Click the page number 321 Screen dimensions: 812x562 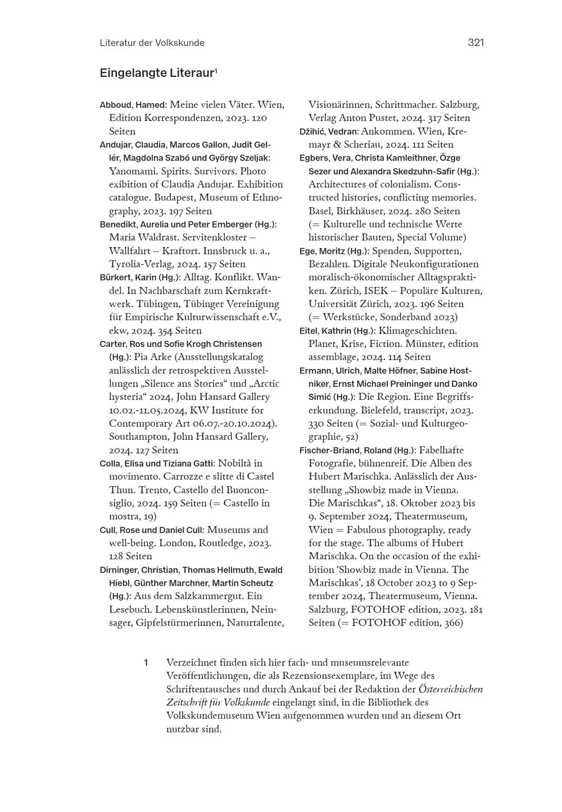pos(475,43)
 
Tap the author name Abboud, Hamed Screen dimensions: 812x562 pos(132,105)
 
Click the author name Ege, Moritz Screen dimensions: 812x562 pos(322,251)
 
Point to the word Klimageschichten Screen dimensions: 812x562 pos(418,331)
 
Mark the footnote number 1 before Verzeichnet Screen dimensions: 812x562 pos(146,663)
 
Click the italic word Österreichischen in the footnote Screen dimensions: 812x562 pos(451,689)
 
